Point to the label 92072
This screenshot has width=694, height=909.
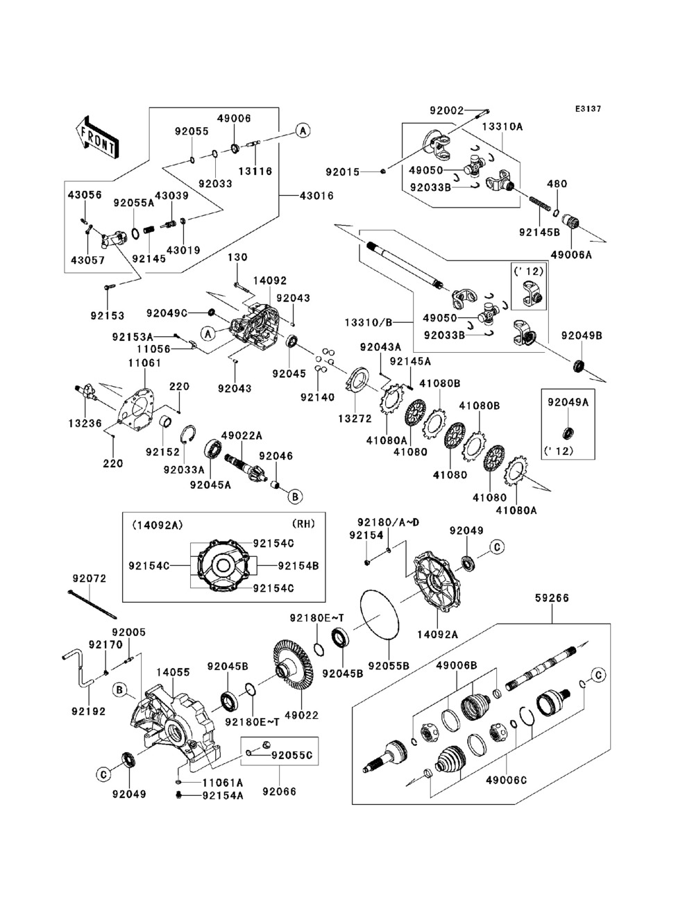pyautogui.click(x=90, y=577)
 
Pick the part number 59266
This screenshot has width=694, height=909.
pyautogui.click(x=552, y=597)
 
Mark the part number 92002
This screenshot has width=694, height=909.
pyautogui.click(x=446, y=110)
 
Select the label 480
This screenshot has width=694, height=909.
pyautogui.click(x=557, y=184)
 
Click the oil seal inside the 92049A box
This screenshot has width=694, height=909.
pyautogui.click(x=568, y=433)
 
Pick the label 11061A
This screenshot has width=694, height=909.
pyautogui.click(x=222, y=782)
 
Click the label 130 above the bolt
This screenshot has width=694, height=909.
pyautogui.click(x=237, y=258)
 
